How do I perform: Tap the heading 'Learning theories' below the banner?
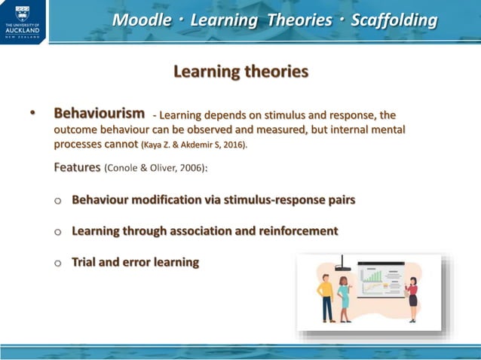240,72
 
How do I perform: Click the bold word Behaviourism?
99,113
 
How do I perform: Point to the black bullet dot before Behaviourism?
32,114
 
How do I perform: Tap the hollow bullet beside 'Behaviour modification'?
57,201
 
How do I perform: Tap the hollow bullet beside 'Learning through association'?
57,232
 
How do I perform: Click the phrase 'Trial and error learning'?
135,262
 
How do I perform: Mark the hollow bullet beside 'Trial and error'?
57,263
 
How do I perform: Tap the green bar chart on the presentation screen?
372,285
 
